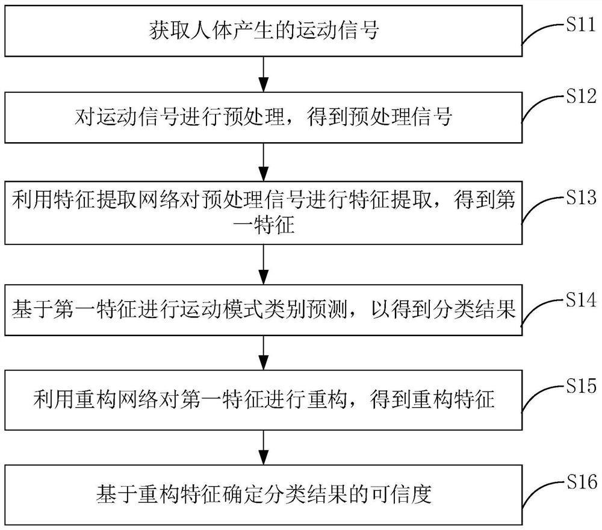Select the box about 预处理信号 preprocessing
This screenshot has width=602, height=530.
262,116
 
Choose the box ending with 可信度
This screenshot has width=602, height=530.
262,495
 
